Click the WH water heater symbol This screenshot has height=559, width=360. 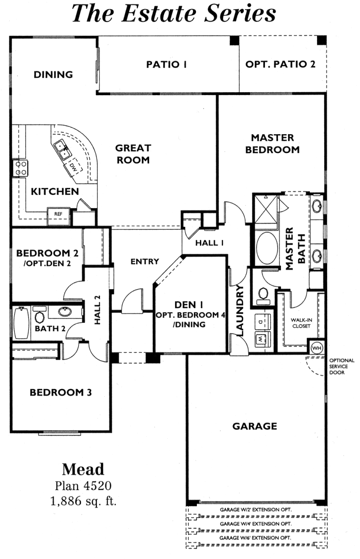point(317,348)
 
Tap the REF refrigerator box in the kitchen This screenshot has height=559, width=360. point(58,214)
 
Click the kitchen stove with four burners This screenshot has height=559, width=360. point(20,168)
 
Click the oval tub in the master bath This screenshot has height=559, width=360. point(267,248)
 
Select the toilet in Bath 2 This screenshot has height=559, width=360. point(40,317)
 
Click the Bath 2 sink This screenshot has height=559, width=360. point(65,312)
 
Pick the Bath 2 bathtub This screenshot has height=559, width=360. point(21,323)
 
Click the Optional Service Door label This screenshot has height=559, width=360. point(342,366)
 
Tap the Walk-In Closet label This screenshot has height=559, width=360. point(301,323)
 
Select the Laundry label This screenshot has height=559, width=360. point(240,310)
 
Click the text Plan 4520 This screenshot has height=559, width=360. point(83,486)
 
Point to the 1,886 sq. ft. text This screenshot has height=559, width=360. point(83,501)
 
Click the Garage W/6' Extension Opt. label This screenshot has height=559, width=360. point(255,538)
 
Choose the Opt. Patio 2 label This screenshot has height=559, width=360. point(280,65)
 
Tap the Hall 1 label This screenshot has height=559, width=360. point(209,243)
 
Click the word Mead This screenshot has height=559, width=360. point(83,469)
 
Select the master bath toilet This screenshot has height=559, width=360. point(263,295)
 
